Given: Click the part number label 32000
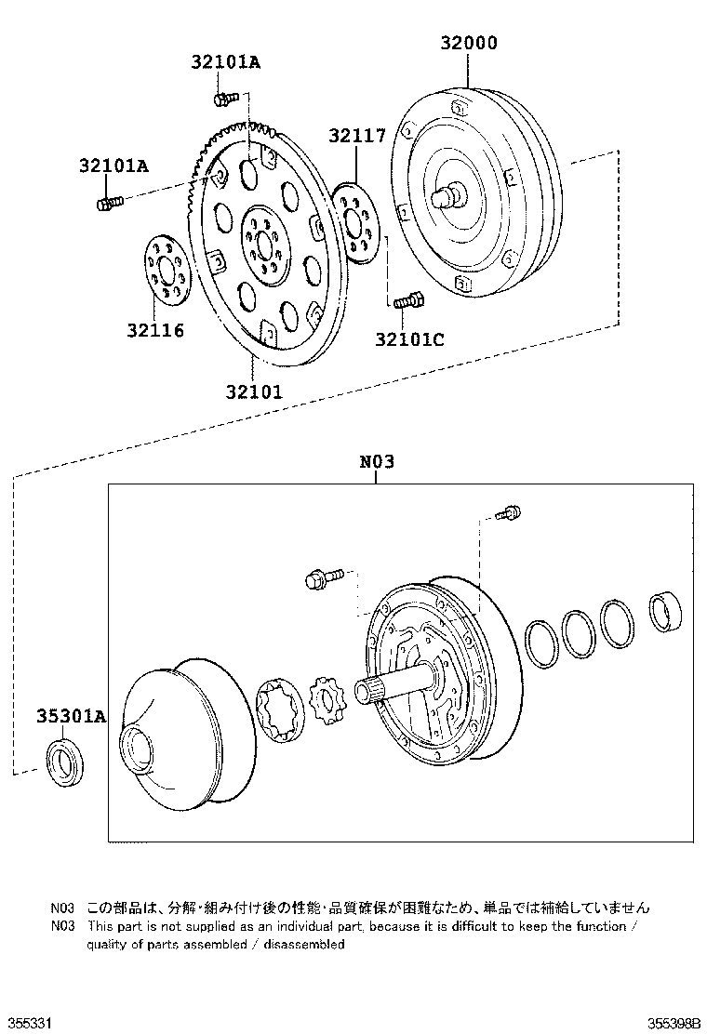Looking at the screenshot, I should [469, 44].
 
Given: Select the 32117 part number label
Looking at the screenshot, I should [356, 136].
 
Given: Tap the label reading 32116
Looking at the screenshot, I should [155, 330].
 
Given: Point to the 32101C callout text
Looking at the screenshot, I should [409, 339].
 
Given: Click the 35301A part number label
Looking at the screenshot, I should [72, 716].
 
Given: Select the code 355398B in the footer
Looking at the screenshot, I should [674, 1023].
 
